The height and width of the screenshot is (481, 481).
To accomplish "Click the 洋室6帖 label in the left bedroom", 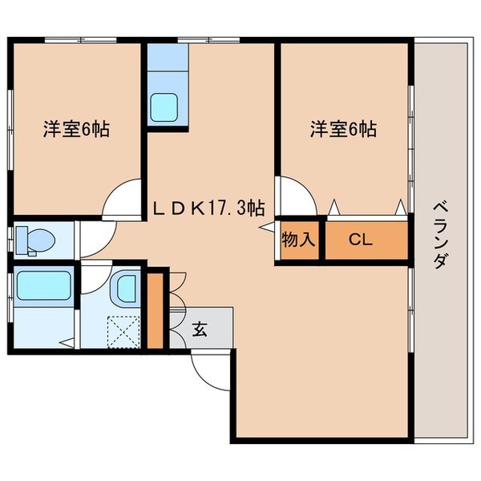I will (x=76, y=129).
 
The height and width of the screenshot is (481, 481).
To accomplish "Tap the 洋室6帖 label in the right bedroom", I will (x=343, y=128).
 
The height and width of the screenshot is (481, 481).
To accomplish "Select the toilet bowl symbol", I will (x=37, y=238).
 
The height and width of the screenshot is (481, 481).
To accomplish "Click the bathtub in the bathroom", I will (x=43, y=285).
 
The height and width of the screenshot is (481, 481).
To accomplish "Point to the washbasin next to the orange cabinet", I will (x=126, y=286).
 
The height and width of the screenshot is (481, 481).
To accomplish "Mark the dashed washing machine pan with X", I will (x=123, y=329).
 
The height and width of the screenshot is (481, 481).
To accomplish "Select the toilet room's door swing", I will (x=95, y=232).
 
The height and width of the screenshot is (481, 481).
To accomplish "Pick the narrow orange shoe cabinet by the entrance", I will (x=155, y=310).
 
